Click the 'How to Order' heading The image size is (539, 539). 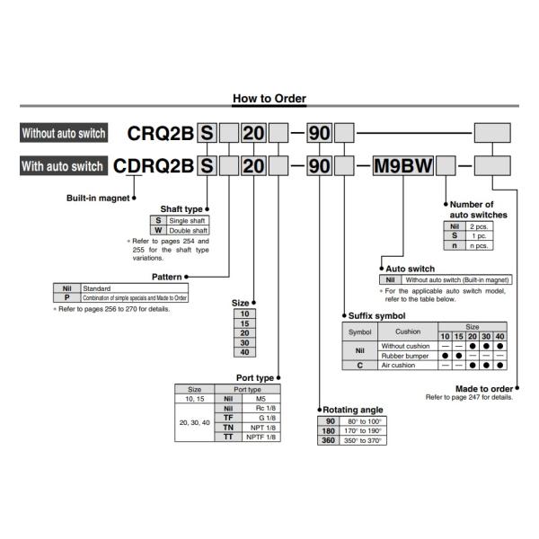click(x=269, y=99)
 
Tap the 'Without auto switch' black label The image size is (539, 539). click(x=64, y=134)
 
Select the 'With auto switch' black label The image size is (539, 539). click(x=62, y=166)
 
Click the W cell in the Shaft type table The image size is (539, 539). click(x=158, y=230)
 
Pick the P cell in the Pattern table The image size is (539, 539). click(x=66, y=297)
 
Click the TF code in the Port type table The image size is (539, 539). click(x=228, y=418)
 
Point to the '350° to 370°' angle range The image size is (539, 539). click(x=365, y=440)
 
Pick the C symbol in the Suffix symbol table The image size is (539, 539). click(x=359, y=366)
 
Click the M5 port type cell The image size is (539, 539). click(x=260, y=398)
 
